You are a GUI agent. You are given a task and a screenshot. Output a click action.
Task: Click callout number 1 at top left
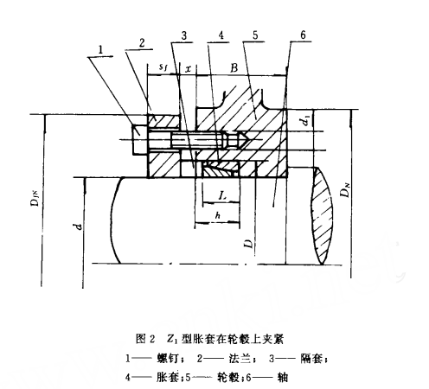coord(100,50)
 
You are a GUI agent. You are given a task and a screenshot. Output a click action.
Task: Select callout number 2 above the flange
coord(142,43)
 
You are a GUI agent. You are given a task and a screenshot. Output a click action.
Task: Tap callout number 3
coord(183,35)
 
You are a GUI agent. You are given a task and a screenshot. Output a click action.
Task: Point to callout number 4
coord(221,35)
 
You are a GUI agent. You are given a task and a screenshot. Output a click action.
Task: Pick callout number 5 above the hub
coord(255,35)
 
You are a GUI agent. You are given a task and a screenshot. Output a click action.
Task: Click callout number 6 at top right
coord(303,35)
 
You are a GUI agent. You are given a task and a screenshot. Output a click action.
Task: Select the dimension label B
coord(234,68)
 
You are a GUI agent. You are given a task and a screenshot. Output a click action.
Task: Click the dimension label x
coord(188,69)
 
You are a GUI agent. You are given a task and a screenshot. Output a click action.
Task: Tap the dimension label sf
coord(163,67)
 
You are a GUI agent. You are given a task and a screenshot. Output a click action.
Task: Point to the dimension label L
coord(221,196)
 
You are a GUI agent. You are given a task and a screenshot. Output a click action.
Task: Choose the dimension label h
coord(218,215)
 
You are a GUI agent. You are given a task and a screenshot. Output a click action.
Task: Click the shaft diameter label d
coord(78,226)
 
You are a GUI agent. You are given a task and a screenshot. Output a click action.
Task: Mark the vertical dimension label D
coord(248,244)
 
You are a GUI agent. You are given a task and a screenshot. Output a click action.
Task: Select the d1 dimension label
coord(306,121)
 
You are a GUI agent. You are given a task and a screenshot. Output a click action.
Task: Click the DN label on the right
coord(345,190)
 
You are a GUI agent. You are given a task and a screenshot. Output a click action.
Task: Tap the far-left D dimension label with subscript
coord(35,198)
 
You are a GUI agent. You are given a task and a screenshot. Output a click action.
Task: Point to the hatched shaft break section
coord(322,215)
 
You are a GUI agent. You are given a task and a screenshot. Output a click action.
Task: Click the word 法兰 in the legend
coord(240,359)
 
